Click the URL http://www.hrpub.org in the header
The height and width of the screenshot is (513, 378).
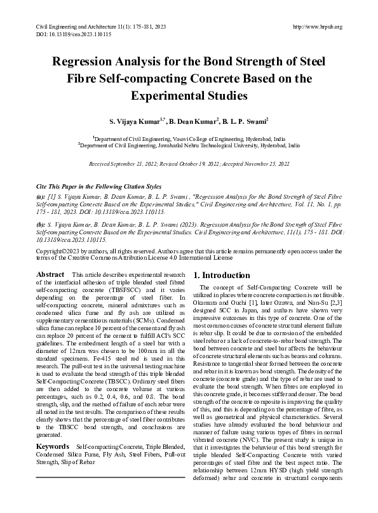[x=318, y=27]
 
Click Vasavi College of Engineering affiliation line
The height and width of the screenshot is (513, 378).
[x=189, y=138]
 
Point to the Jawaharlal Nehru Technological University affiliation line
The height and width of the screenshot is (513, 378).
[x=189, y=145]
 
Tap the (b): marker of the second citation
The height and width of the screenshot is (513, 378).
[x=41, y=225]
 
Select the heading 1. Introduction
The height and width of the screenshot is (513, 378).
[x=222, y=276]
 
